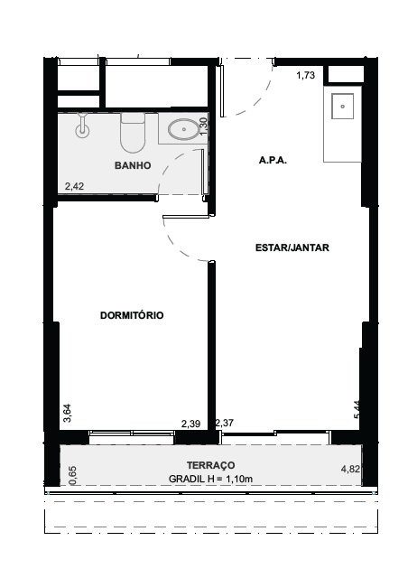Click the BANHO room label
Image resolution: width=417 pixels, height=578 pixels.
pos(133,165)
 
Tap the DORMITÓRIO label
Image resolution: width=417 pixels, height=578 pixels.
pos(132,315)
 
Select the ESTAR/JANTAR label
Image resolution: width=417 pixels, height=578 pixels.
pos(292,247)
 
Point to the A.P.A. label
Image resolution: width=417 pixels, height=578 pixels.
pos(273,161)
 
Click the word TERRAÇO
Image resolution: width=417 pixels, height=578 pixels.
pos(210,465)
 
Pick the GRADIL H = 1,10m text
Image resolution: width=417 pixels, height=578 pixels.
pos(210,479)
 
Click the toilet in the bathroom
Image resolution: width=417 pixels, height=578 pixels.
pos(133,133)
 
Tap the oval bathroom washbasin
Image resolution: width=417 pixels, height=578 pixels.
pos(183,129)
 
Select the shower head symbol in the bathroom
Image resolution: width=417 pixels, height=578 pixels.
pos(82,126)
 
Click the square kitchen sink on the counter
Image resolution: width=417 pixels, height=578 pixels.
pos(343,107)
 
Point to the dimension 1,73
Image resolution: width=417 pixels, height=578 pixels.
pos(306,75)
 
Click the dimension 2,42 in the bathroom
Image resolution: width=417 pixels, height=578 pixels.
pos(74,186)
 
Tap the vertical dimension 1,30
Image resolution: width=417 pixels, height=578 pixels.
pos(204,126)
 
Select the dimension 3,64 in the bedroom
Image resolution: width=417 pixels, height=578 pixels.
pos(68,414)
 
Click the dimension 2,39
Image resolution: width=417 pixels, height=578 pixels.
pos(190,424)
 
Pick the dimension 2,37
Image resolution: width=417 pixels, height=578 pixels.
pos(225,423)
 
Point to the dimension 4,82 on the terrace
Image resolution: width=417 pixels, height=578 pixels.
pos(350,469)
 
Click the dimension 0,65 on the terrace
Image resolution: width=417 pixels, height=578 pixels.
pos(72,476)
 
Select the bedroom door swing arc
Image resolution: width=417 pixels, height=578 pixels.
pos(176,247)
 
